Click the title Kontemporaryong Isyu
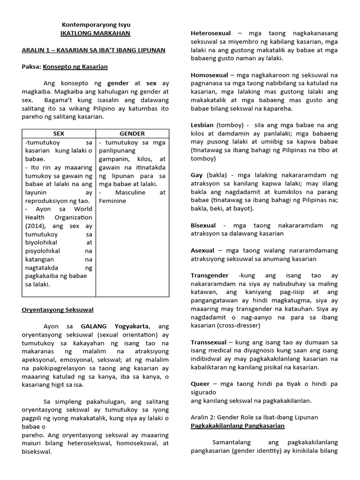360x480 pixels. (x=97, y=24)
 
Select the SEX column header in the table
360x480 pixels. (x=59, y=134)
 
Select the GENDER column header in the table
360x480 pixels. (x=133, y=134)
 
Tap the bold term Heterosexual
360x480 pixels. (x=210, y=33)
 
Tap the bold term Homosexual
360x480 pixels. (x=210, y=75)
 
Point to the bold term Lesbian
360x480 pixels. (x=202, y=126)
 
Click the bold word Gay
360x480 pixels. (x=197, y=175)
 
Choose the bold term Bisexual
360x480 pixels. (x=203, y=225)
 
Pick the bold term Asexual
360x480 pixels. (x=202, y=250)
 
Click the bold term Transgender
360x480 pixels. (x=210, y=276)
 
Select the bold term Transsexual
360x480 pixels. (x=209, y=342)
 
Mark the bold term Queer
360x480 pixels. (x=200, y=384)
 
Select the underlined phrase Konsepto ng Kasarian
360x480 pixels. (x=75, y=67)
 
